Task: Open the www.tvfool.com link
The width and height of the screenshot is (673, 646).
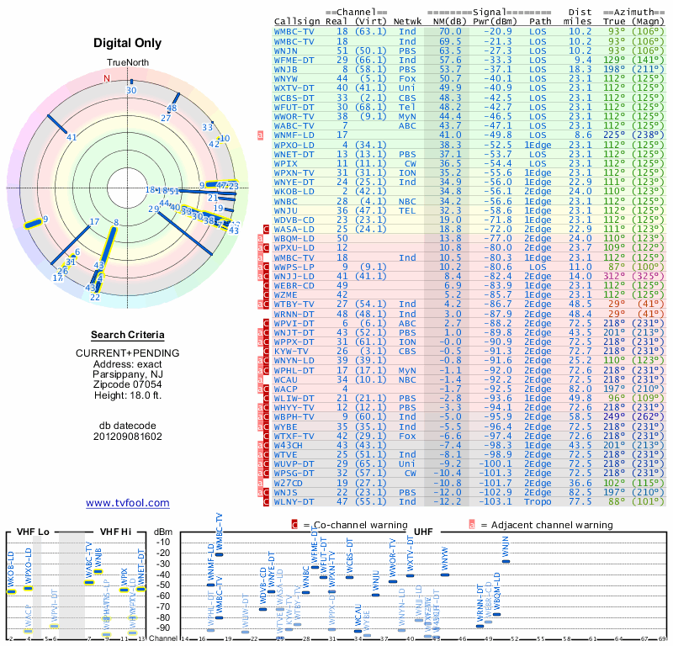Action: (x=128, y=503)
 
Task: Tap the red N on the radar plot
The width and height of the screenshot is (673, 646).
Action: (x=107, y=78)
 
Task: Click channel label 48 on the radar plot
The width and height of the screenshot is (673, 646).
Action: (x=172, y=109)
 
